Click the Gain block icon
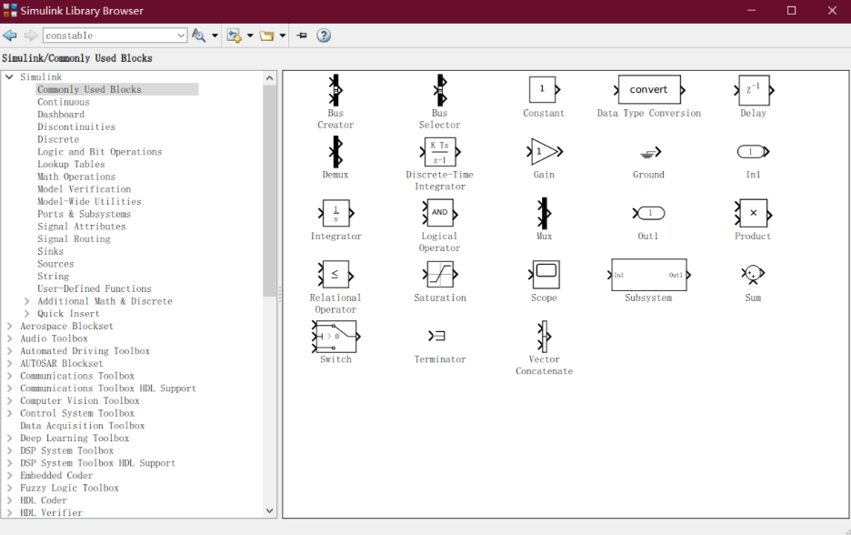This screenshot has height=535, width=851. pos(545,152)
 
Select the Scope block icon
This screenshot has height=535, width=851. pos(545,274)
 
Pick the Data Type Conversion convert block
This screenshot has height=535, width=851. pos(649,89)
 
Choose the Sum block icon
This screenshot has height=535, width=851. pos(753,274)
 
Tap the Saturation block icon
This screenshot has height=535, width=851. pos(440,274)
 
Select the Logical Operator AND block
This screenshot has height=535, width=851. pos(440,213)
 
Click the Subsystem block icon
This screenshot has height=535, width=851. pos(649,275)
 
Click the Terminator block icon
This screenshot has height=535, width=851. pos(437,337)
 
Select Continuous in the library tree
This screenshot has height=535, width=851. pos(64,102)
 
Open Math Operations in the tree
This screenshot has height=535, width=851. pos(76,177)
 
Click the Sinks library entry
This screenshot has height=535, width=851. pos(51,251)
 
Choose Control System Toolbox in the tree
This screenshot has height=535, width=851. pos(77,413)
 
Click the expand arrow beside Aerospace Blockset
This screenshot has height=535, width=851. pos(9,326)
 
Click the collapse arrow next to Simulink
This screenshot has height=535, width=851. pos(9,77)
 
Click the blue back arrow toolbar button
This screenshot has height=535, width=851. pos(10,35)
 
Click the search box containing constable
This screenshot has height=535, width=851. pos(115,35)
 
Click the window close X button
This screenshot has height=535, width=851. pos(832,11)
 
